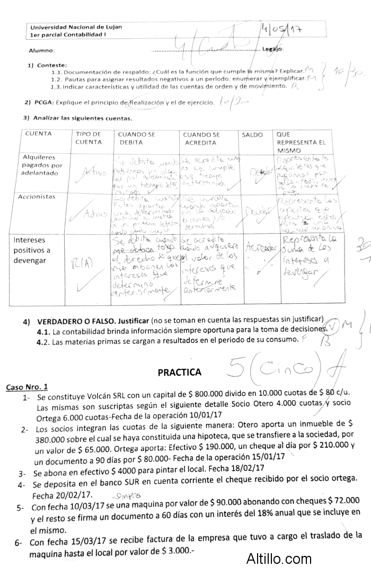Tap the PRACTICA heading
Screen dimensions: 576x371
(x=179, y=372)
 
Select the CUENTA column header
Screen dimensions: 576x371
(x=39, y=134)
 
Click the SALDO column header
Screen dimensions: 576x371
(x=252, y=135)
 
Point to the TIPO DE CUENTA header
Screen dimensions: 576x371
(x=89, y=138)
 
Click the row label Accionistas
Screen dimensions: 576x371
(x=37, y=197)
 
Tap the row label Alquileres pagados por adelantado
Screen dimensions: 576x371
(x=42, y=165)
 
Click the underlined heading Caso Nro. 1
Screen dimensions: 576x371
(x=27, y=387)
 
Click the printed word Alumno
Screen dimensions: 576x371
(x=41, y=50)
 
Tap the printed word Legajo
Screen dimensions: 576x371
(x=272, y=49)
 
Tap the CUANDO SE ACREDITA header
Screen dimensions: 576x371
(x=201, y=138)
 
